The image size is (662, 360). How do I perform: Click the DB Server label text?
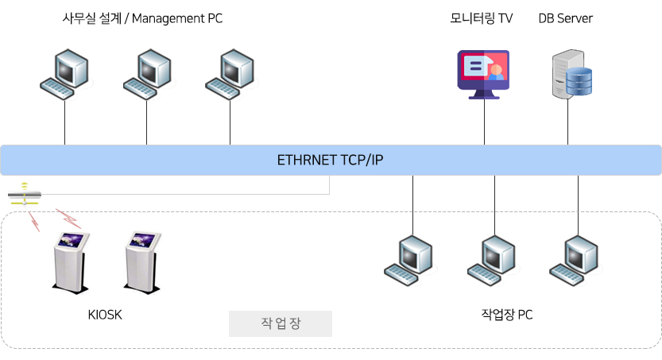coord(565,18)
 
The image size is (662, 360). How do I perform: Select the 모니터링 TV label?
coord(482,18)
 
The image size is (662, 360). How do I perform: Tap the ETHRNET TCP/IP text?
coord(330,160)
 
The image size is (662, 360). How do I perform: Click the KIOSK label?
coord(105,315)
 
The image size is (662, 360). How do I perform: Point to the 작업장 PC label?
coord(507,315)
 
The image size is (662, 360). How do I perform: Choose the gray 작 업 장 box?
coord(281,323)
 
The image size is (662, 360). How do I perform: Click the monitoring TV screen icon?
coord(483,75)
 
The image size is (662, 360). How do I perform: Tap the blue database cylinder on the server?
coord(579,81)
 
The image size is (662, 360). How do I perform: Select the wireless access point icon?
coord(25,194)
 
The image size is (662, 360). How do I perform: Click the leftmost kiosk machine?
coord(71,262)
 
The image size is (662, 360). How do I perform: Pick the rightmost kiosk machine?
coord(142,262)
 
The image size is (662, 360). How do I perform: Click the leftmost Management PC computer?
coord(64,74)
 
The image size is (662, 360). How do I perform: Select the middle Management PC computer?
coord(148,74)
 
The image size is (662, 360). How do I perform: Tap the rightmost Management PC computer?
coord(230,74)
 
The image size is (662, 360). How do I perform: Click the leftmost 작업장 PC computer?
coord(408,261)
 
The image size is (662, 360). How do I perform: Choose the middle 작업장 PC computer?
coord(492,261)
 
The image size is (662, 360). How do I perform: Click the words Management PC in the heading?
coord(177,18)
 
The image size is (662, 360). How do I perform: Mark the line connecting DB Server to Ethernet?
coord(568,122)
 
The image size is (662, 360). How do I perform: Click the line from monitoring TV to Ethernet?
coord(484,122)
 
